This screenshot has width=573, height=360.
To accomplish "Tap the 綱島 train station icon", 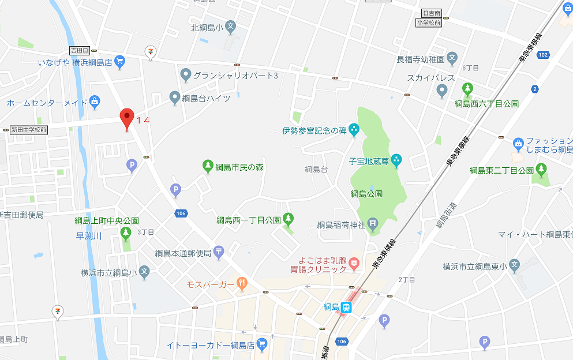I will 347,307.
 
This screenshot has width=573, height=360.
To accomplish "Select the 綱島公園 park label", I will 366,194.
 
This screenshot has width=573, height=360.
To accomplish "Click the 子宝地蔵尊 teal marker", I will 396,160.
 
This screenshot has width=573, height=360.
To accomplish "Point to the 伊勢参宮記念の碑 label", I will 314,130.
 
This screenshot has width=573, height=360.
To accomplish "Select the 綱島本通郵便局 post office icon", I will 219,252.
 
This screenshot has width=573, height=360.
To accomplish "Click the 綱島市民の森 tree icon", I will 208,167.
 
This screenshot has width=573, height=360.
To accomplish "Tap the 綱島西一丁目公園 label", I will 249,220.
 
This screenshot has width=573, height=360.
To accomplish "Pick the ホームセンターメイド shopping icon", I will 95,103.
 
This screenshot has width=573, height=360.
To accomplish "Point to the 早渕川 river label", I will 89,235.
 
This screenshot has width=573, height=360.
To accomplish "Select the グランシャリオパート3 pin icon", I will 186,75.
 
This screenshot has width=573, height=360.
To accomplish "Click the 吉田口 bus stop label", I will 78,50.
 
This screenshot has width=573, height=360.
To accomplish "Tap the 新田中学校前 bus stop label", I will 29,130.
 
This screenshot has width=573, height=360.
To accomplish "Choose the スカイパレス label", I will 430,78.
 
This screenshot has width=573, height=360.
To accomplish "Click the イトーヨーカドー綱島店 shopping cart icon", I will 262,345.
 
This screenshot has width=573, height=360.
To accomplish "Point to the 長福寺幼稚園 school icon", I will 452,59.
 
